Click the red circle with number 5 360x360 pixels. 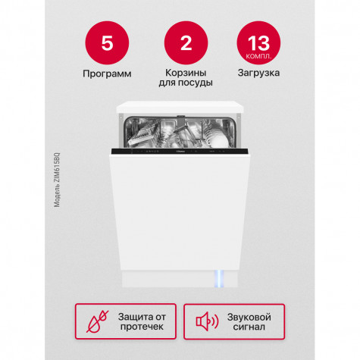pyautogui.click(x=107, y=43)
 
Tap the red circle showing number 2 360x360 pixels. pyautogui.click(x=186, y=43)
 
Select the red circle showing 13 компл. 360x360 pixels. pyautogui.click(x=258, y=43)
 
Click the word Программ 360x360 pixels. pyautogui.click(x=107, y=74)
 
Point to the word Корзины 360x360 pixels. pyautogui.click(x=186, y=73)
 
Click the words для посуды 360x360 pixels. pyautogui.click(x=186, y=83)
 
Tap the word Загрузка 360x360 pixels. pyautogui.click(x=258, y=73)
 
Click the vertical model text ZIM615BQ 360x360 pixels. pyautogui.click(x=57, y=180)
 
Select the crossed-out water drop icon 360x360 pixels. pyautogui.click(x=98, y=321)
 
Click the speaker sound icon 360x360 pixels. pyautogui.click(x=207, y=321)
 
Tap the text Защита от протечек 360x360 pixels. pyautogui.click(x=142, y=321)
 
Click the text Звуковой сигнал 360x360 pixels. pyautogui.click(x=249, y=322)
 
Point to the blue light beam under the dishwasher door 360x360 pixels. pyautogui.click(x=219, y=279)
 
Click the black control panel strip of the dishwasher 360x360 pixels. pyautogui.click(x=180, y=152)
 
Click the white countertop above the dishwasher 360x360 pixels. pyautogui.click(x=180, y=107)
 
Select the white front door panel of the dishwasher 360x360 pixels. pyautogui.click(x=180, y=212)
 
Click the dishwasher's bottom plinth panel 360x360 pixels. pyautogui.click(x=180, y=279)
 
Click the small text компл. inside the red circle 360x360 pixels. pyautogui.click(x=258, y=56)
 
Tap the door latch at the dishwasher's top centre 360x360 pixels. pyautogui.click(x=181, y=116)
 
